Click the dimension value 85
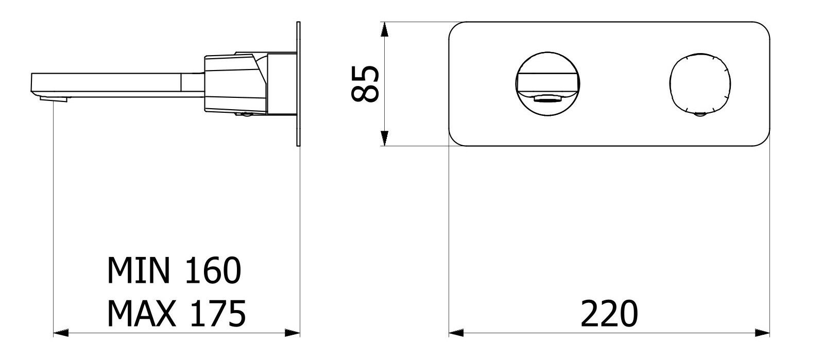(365, 84)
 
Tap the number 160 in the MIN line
(211, 271)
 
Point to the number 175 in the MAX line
(216, 314)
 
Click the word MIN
(138, 271)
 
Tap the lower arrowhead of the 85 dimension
(384, 138)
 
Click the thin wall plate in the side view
(298, 85)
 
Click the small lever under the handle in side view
(245, 114)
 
